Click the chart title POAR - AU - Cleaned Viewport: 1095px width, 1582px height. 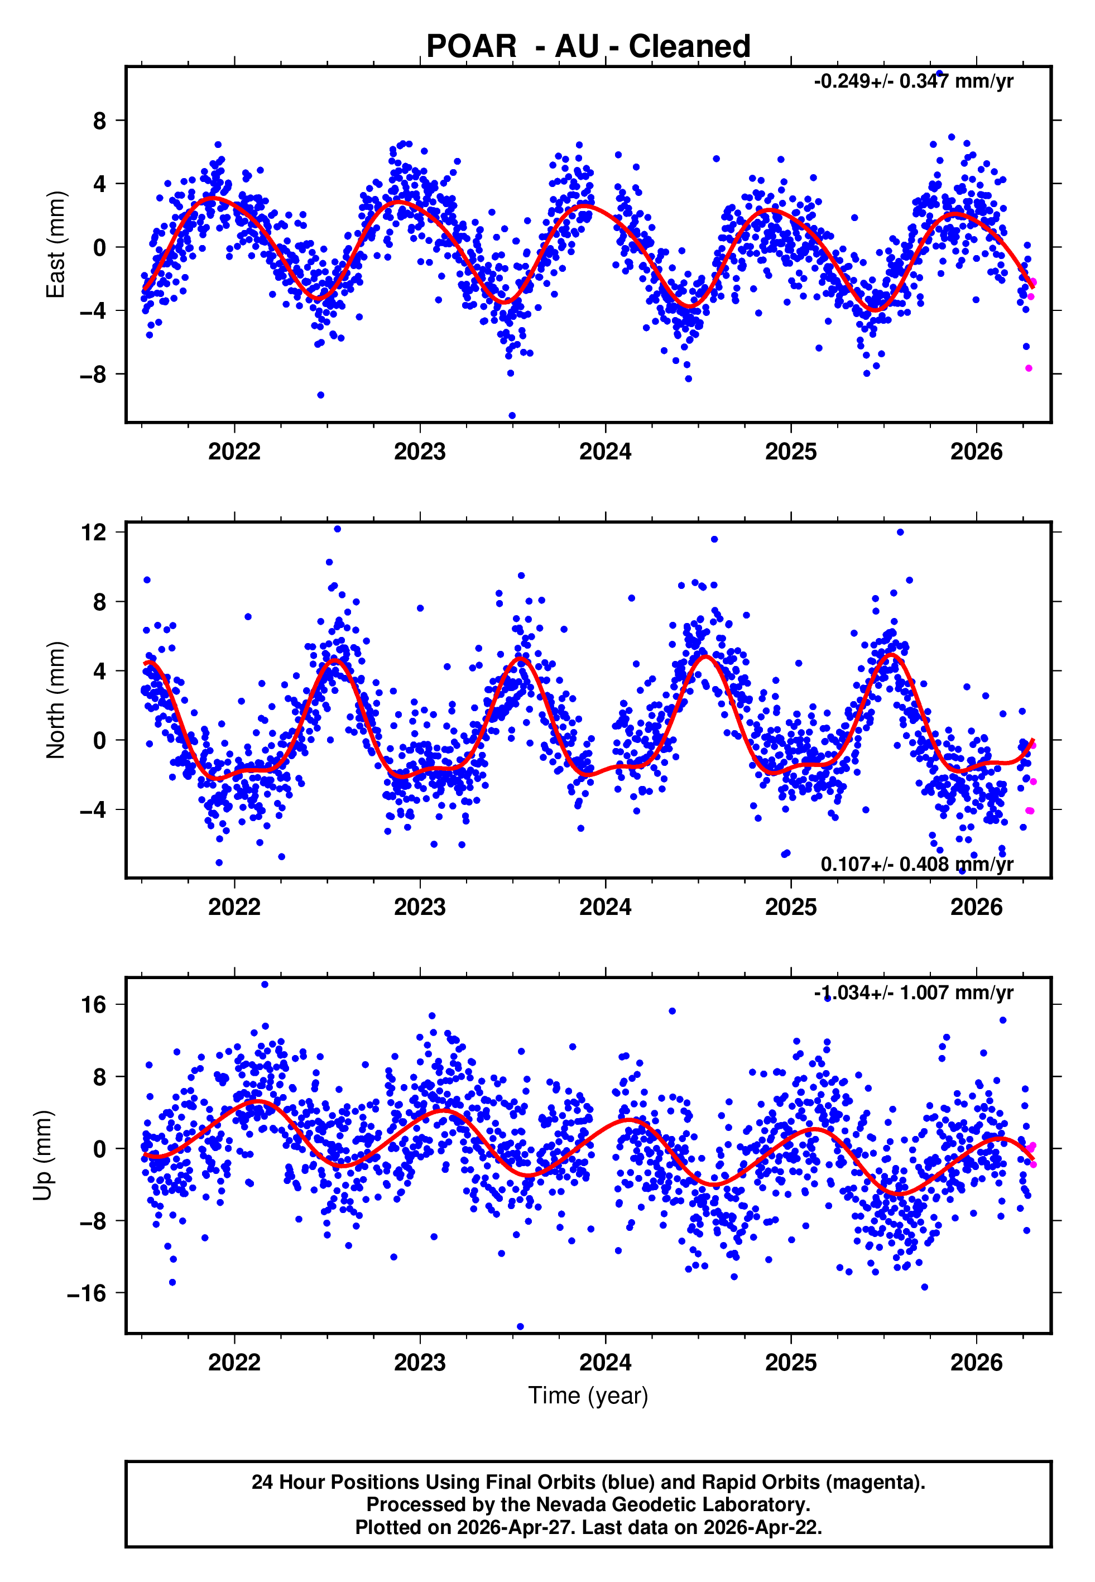(588, 47)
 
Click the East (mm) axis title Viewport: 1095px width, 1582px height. (56, 245)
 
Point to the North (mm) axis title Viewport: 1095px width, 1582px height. (56, 700)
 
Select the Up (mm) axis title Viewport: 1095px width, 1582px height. (42, 1156)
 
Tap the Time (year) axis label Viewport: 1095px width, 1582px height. (588, 1396)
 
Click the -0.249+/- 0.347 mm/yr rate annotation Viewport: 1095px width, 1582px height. (913, 82)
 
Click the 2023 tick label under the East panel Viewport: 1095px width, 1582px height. (420, 452)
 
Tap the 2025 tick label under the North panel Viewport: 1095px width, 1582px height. (791, 908)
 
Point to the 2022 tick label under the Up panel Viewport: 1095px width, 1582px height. (234, 1363)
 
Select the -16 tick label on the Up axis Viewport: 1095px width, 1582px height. (87, 1294)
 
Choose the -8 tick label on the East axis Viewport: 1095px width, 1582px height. (93, 375)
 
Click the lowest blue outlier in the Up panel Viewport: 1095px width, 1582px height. (520, 1327)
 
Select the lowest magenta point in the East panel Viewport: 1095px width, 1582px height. (1029, 368)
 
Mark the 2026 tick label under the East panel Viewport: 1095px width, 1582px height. (976, 452)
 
